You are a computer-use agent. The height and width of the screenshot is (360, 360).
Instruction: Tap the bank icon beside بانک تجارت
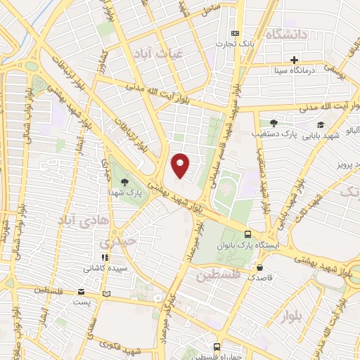click(235, 33)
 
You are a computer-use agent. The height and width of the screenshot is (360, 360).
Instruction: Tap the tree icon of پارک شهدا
click(124, 181)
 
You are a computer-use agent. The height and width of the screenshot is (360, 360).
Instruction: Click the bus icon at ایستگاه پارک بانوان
click(247, 234)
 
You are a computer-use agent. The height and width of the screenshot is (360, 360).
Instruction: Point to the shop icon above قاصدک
click(261, 267)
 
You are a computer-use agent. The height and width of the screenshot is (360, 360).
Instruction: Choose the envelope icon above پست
click(82, 292)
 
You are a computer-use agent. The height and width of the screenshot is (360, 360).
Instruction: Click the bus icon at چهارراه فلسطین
click(216, 347)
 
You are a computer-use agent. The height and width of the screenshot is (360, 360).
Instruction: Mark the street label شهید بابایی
click(327, 136)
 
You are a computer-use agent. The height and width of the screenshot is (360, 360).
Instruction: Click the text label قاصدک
click(260, 278)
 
